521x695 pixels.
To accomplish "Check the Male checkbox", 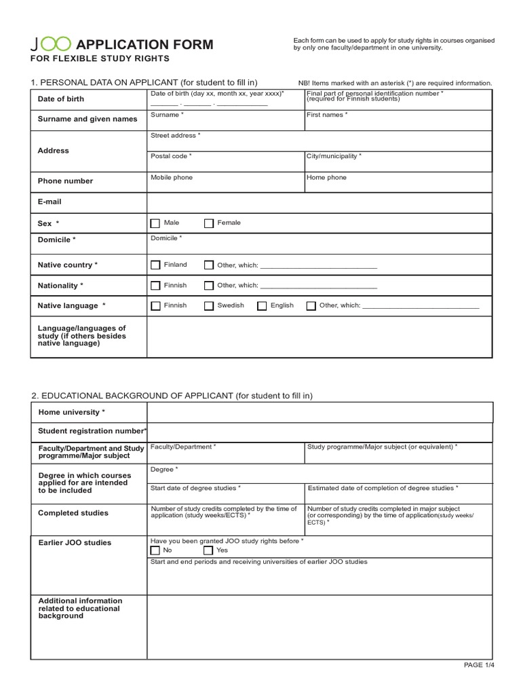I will [155, 223].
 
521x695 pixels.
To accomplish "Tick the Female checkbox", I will [209, 223].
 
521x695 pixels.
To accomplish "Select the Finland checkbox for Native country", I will [155, 265].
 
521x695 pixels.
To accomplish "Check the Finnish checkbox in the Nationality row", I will [155, 286].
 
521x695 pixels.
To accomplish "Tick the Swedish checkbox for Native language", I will [209, 306].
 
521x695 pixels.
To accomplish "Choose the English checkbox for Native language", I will [262, 306].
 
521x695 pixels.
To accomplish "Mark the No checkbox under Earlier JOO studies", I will [155, 550].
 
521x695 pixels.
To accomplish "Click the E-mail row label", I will [50, 202].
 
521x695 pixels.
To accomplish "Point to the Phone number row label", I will [65, 181].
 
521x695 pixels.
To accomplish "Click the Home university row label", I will [71, 413].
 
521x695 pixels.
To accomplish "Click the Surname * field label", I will [166, 115].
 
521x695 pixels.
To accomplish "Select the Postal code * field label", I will [171, 156].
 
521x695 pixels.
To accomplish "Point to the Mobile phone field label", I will [171, 178].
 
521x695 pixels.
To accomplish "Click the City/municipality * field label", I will [334, 156].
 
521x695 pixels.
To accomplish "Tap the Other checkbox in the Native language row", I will [311, 306].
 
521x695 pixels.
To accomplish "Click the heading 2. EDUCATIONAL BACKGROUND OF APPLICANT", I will [172, 396].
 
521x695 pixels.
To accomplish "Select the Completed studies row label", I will [73, 513].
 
